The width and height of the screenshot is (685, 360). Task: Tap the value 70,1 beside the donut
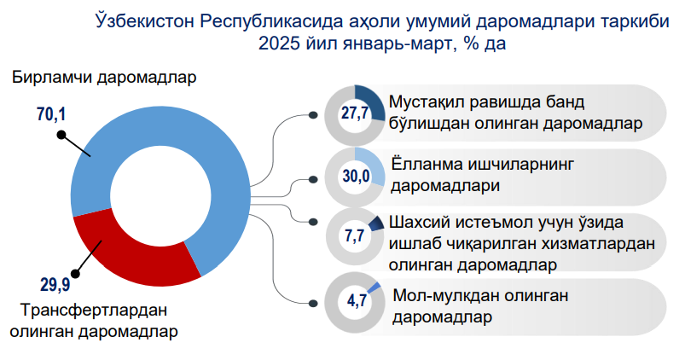(51, 114)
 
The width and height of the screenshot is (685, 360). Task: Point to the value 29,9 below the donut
(55, 285)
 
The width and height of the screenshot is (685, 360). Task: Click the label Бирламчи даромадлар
(104, 78)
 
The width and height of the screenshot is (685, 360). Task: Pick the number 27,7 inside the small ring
(355, 113)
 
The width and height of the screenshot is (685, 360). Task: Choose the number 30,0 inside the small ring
(356, 176)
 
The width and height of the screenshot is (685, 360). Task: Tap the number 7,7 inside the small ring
(355, 236)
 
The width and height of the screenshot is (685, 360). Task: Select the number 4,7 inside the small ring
(356, 300)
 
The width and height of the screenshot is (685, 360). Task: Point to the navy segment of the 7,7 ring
(375, 224)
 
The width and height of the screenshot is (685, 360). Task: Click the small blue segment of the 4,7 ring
(374, 287)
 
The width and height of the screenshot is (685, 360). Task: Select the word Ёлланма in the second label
(427, 165)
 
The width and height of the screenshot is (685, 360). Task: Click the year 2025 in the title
(276, 44)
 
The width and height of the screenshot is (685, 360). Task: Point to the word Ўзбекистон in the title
(145, 21)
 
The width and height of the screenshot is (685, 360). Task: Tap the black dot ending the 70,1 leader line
(61, 135)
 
